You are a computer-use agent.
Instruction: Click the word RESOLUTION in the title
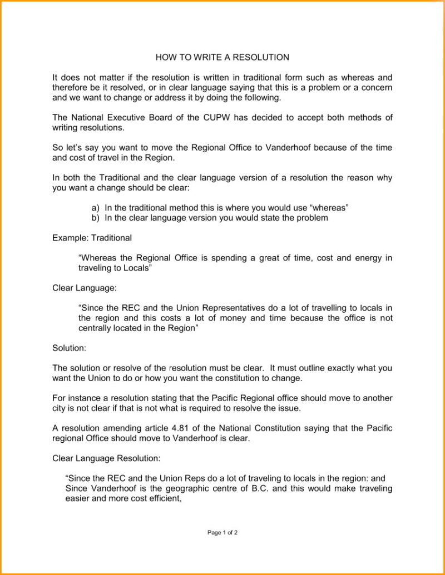pos(261,57)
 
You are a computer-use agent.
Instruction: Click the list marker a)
pos(96,208)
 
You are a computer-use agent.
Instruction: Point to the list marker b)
pos(96,218)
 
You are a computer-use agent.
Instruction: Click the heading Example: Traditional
pos(92,238)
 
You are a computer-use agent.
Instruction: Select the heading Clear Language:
pos(85,288)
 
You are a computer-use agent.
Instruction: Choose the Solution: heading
pos(69,348)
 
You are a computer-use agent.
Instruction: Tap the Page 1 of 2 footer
pos(222,532)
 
